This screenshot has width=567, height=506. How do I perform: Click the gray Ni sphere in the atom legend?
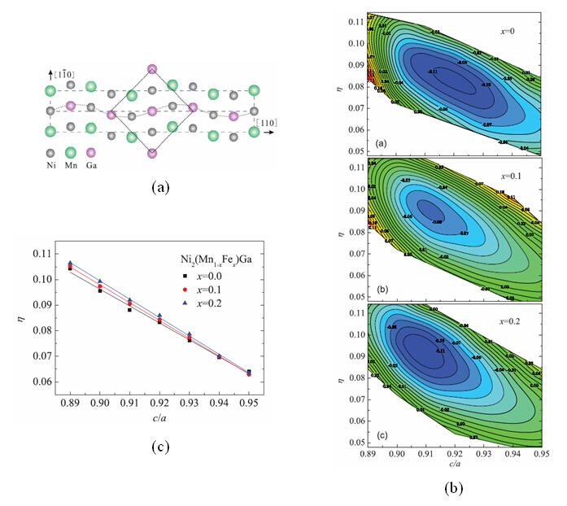pyautogui.click(x=52, y=152)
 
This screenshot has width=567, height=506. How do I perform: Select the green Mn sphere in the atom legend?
pyautogui.click(x=71, y=152)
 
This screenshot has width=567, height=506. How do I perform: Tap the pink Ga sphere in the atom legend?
pyautogui.click(x=90, y=152)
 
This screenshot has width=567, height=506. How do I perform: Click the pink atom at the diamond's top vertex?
pyautogui.click(x=151, y=70)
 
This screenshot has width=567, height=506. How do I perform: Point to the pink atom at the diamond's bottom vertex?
pyautogui.click(x=151, y=153)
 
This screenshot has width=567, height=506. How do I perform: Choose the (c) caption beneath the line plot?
pyautogui.click(x=160, y=446)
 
